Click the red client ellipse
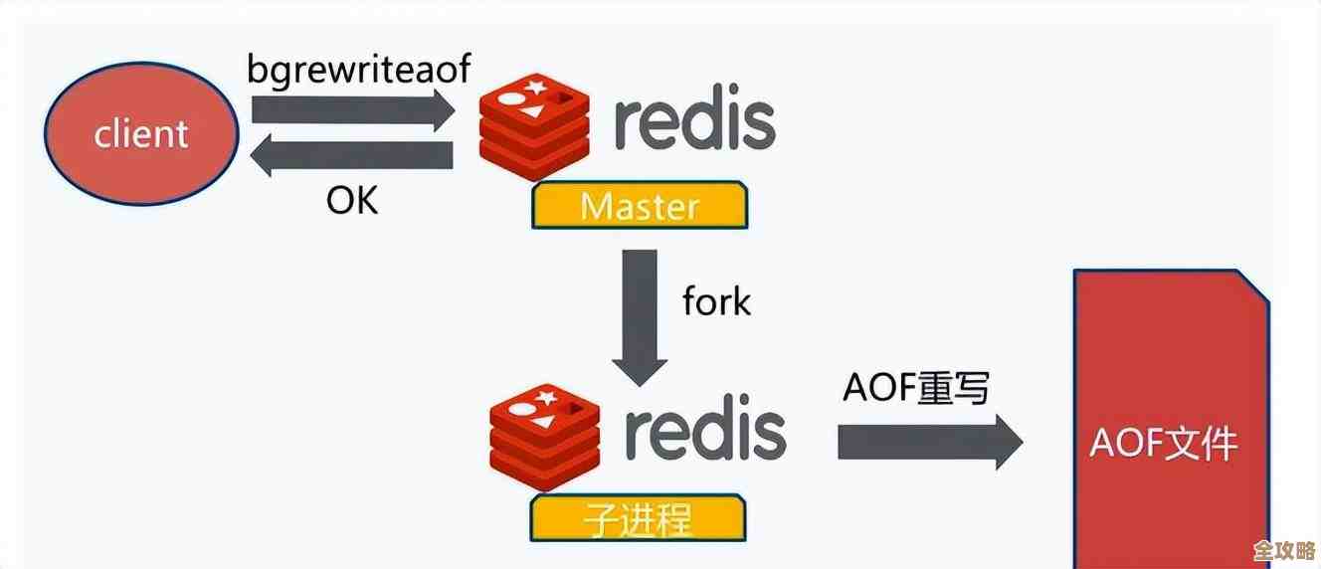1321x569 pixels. [x=141, y=133]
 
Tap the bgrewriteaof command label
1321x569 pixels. [x=359, y=69]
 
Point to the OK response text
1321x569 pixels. [x=352, y=201]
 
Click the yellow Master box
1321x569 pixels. [x=640, y=206]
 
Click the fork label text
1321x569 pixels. [x=716, y=301]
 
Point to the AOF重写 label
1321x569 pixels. [x=915, y=388]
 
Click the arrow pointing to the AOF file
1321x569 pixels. [x=929, y=441]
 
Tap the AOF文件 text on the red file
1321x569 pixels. [x=1164, y=444]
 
